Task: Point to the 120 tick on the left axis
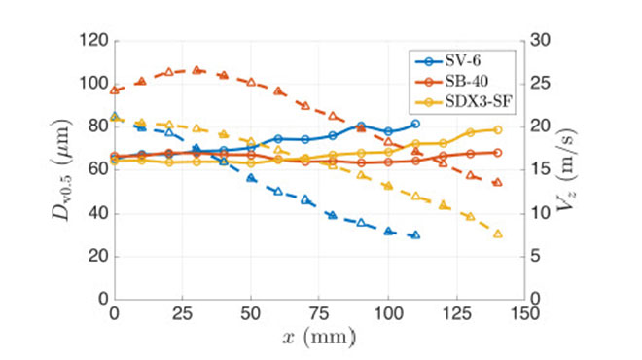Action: pyautogui.click(x=94, y=41)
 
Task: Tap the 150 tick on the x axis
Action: pyautogui.click(x=526, y=314)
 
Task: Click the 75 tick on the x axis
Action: pyautogui.click(x=320, y=314)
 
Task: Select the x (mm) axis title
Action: pyautogui.click(x=320, y=338)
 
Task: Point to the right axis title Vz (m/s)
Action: pyautogui.click(x=585, y=169)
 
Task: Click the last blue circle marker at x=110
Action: pyautogui.click(x=415, y=124)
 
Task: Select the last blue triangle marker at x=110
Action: pyautogui.click(x=415, y=234)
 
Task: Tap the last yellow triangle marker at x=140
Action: pyautogui.click(x=498, y=234)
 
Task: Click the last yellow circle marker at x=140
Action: pyautogui.click(x=498, y=129)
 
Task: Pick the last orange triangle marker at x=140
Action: pyautogui.click(x=498, y=182)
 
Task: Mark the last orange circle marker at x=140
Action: pyautogui.click(x=498, y=153)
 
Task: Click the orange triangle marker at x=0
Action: pyautogui.click(x=115, y=90)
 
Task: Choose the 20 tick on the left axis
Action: pyautogui.click(x=97, y=256)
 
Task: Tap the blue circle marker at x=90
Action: pyautogui.click(x=361, y=126)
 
